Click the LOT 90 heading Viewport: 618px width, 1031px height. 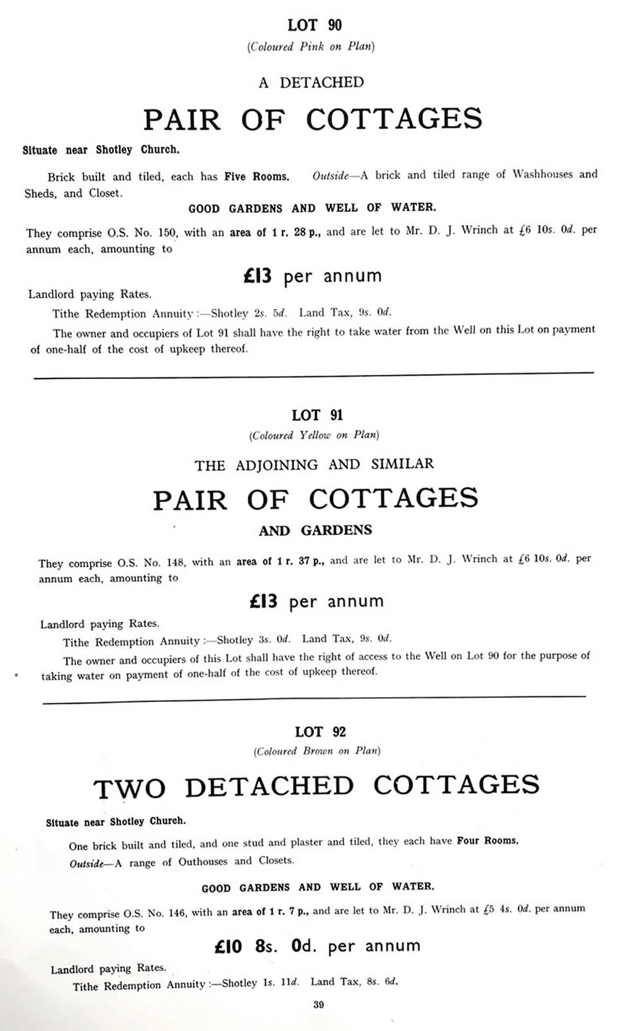315,25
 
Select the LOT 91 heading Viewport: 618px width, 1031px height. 317,415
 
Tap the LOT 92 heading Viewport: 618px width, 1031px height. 320,732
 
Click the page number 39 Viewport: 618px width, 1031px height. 318,1004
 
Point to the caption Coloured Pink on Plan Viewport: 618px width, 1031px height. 311,46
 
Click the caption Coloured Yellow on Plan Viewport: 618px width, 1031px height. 314,435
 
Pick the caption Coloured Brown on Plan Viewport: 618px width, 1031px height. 317,751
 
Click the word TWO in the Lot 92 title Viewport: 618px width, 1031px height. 130,789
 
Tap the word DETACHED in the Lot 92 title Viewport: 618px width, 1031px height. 269,786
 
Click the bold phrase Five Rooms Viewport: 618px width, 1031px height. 256,176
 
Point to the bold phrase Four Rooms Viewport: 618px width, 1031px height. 488,841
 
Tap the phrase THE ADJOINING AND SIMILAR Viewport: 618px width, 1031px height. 315,464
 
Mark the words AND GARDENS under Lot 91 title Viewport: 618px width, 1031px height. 315,530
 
